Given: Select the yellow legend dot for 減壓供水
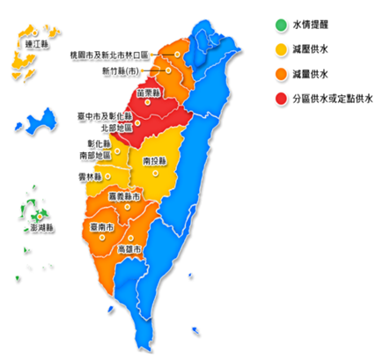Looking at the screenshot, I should pyautogui.click(x=279, y=48).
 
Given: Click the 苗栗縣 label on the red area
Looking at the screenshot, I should pyautogui.click(x=148, y=92).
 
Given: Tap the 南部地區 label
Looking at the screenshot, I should pyautogui.click(x=95, y=155).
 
